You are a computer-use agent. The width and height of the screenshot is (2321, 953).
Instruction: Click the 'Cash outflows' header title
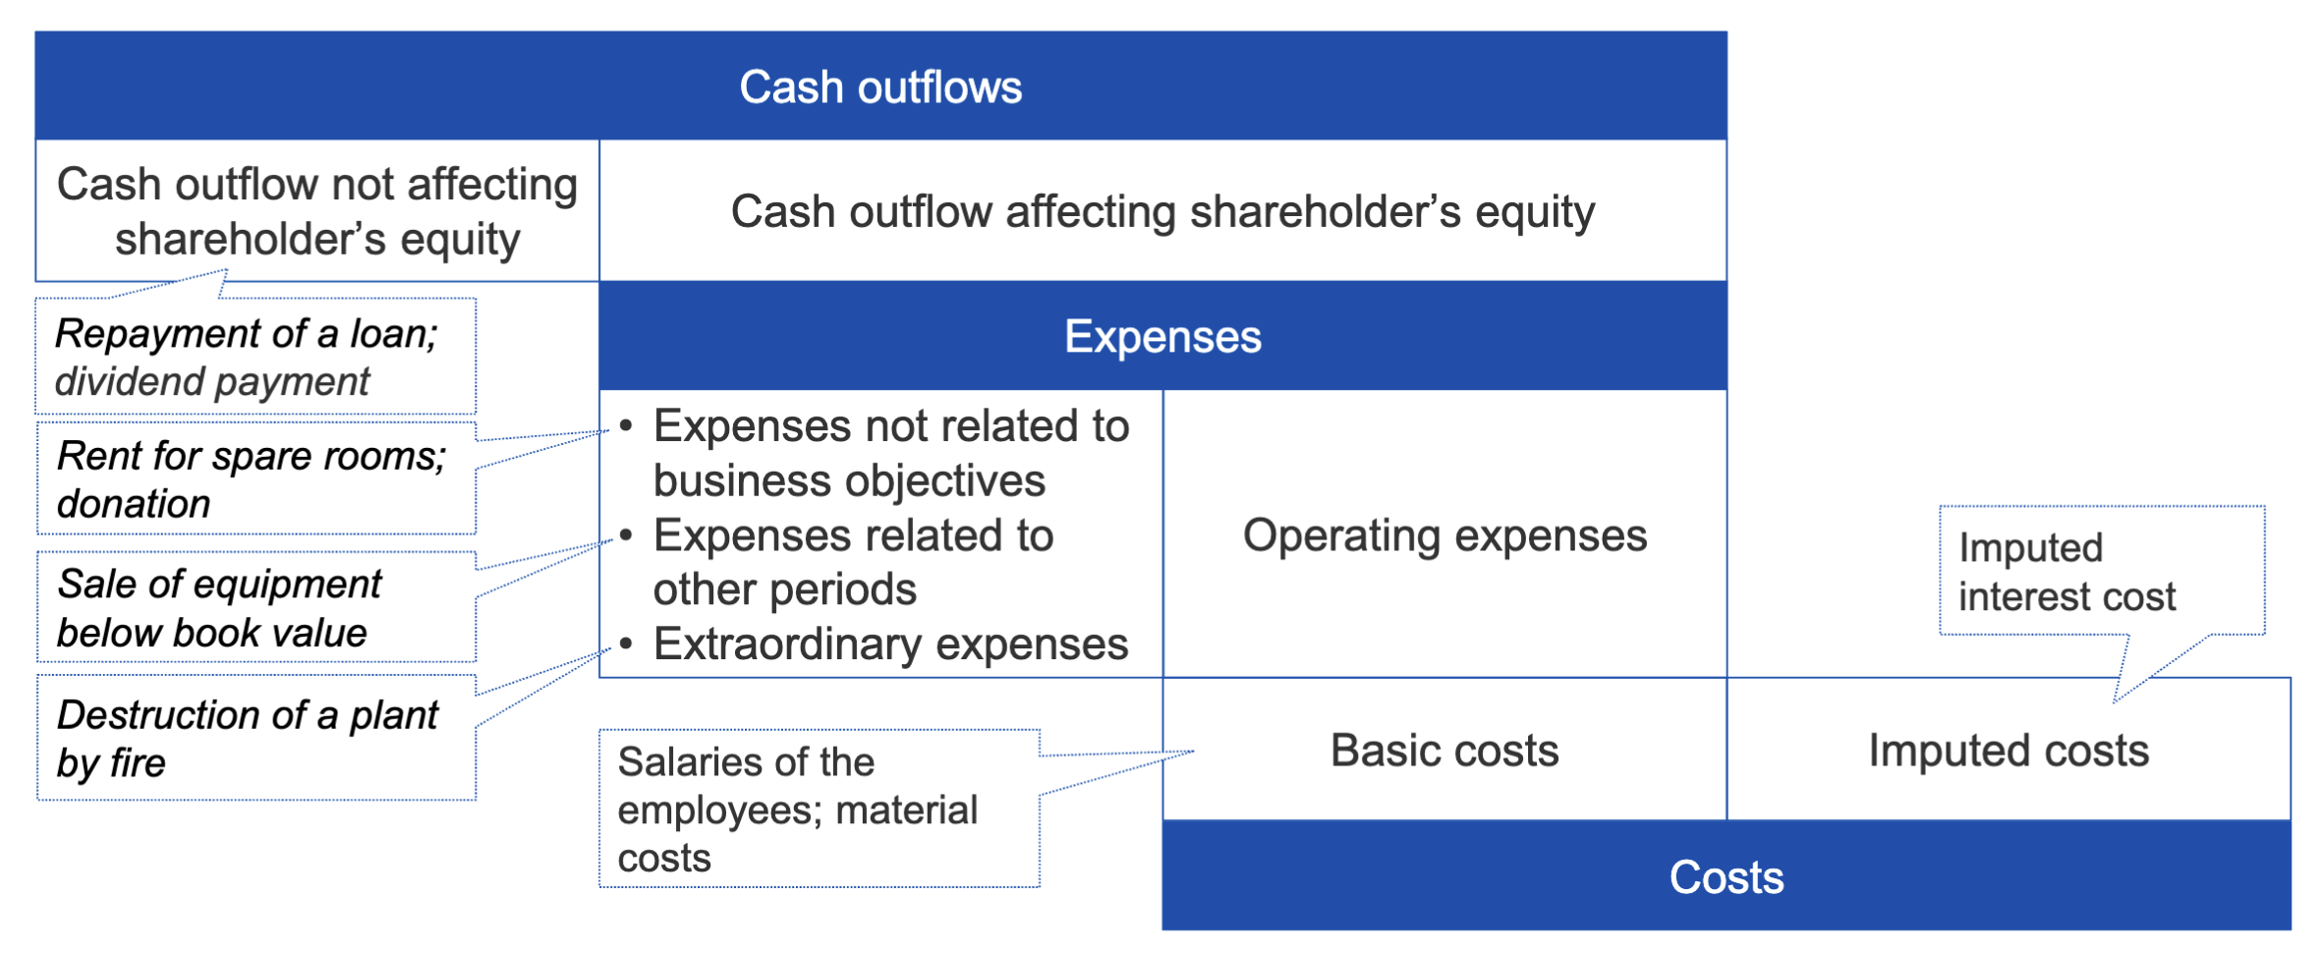880,86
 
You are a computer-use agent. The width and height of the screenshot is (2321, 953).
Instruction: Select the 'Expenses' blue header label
1162,336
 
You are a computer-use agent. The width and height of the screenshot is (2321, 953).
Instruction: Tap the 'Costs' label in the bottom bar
1727,876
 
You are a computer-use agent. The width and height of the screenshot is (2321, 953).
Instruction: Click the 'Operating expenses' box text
1444,535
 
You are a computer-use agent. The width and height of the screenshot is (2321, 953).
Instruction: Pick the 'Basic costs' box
1444,750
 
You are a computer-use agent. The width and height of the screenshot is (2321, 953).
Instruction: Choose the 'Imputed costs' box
2009,750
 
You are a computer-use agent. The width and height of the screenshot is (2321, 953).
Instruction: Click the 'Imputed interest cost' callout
2102,571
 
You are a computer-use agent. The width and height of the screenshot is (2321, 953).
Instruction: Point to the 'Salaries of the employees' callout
820,809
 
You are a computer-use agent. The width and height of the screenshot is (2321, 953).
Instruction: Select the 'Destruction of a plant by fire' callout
256,738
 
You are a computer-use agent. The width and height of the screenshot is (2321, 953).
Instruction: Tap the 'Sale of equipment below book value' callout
256,607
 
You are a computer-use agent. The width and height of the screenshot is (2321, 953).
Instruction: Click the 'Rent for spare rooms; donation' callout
256,479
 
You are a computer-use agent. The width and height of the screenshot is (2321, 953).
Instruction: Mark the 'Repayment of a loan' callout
256,356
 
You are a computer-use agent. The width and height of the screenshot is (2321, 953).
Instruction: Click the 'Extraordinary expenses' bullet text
890,645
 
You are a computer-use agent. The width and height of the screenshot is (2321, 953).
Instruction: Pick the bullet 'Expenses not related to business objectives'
891,453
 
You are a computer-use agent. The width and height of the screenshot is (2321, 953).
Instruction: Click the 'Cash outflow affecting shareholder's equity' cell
1162,211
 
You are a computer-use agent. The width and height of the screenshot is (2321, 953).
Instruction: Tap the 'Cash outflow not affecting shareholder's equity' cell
317,211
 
